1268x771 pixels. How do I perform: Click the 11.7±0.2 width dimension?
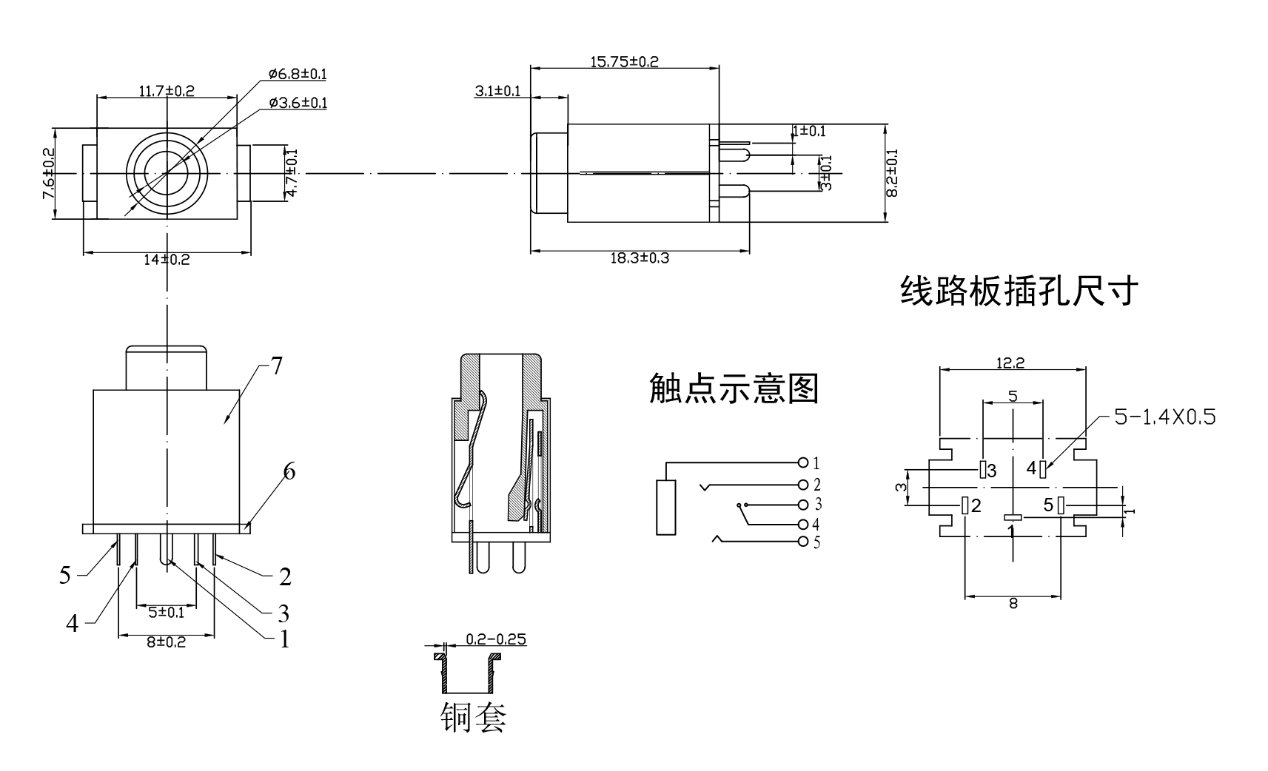[x=167, y=91]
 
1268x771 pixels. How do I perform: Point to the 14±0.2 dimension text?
[x=167, y=260]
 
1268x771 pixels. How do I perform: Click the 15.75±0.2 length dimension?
[x=624, y=61]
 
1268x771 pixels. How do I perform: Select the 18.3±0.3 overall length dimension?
[x=640, y=258]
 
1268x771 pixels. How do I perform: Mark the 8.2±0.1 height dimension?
[x=892, y=172]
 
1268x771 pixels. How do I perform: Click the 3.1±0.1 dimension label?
[x=497, y=91]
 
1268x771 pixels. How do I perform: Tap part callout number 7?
[x=276, y=366]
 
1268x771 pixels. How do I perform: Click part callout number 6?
[x=289, y=471]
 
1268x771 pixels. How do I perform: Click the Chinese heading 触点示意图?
[x=734, y=388]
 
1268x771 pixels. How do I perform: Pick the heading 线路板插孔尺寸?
[x=1019, y=291]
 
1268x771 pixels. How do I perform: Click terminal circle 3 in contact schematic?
[x=803, y=505]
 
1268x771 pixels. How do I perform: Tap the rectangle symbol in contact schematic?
[x=665, y=507]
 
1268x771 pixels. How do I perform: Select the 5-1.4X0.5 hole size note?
[x=1164, y=417]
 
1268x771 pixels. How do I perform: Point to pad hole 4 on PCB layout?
[x=1043, y=469]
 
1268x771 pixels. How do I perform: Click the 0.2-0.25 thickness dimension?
[x=496, y=639]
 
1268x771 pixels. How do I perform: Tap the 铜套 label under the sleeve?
[x=474, y=716]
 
